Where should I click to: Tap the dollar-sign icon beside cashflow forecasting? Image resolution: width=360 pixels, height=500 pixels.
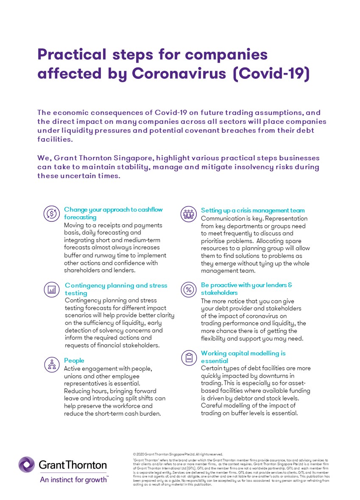[x=51, y=213]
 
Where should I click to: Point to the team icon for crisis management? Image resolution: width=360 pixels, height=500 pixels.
[x=188, y=214]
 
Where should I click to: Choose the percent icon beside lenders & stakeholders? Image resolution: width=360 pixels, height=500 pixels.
[x=188, y=290]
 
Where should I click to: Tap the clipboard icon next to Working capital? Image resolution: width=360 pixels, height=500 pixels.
[x=188, y=358]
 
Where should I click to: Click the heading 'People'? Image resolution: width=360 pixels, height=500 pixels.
[x=74, y=360]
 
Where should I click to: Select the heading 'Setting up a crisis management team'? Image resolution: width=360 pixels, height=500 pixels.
[x=253, y=210]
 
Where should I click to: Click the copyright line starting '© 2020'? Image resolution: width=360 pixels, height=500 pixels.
[x=178, y=454]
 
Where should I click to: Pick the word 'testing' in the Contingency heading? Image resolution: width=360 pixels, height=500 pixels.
[x=76, y=293]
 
